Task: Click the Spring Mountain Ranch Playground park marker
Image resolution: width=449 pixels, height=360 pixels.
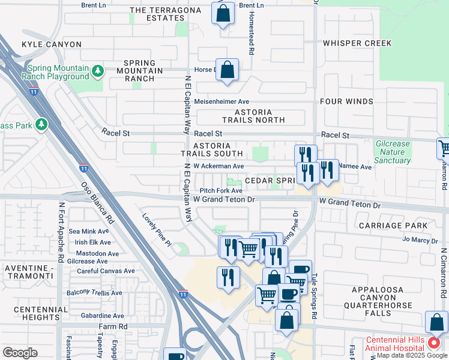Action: pos(98,72)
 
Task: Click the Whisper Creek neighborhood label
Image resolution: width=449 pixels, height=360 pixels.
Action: pos(357,43)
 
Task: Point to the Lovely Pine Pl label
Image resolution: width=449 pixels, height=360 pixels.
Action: pos(157,229)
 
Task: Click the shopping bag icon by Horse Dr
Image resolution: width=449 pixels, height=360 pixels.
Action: pos(228,70)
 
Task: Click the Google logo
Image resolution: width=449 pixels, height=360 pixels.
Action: pos(20,353)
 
